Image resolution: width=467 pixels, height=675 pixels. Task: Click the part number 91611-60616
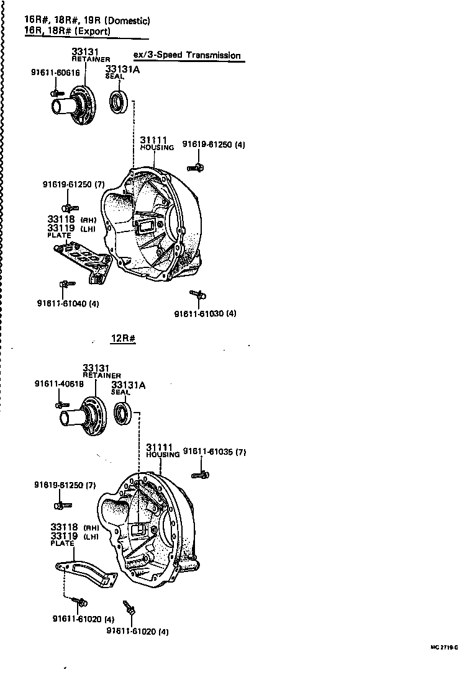(55, 73)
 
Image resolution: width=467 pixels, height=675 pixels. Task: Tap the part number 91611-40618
(59, 384)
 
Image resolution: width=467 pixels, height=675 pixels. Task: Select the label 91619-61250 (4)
(214, 145)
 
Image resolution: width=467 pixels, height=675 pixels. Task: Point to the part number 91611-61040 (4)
(68, 303)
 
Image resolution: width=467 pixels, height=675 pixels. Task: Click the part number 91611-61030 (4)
(205, 313)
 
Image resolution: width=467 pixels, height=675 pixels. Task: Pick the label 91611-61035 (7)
(215, 452)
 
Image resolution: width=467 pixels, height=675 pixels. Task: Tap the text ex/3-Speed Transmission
(187, 55)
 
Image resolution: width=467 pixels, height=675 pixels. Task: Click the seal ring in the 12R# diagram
(123, 414)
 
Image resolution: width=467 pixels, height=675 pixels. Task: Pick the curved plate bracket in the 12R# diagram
(87, 571)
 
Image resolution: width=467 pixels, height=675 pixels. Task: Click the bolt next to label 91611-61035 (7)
(200, 475)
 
